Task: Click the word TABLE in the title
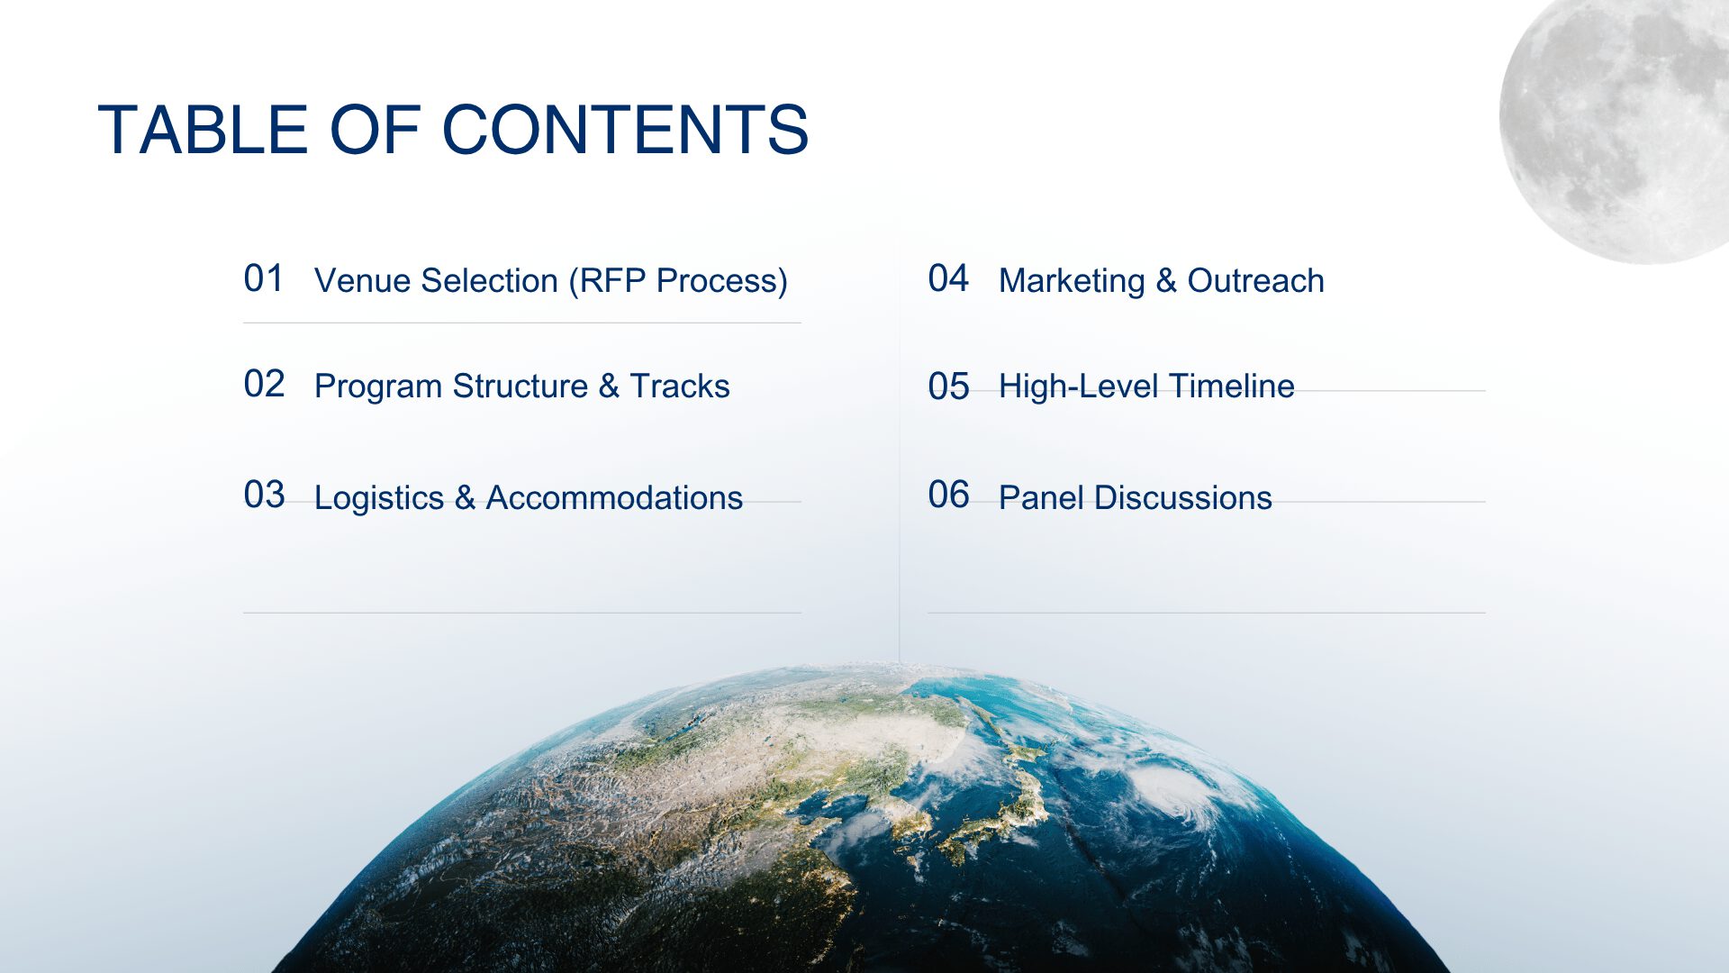click(x=203, y=130)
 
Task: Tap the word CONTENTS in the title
click(x=625, y=130)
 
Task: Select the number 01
click(x=264, y=278)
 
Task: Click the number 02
click(x=264, y=384)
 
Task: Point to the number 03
click(x=264, y=495)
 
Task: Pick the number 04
click(x=948, y=278)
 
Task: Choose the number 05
click(x=948, y=386)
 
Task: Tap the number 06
click(x=948, y=495)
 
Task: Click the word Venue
click(x=363, y=281)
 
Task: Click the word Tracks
click(x=680, y=386)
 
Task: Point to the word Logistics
click(x=379, y=498)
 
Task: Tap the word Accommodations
click(x=614, y=497)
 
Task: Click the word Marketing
click(x=1072, y=281)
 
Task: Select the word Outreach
click(x=1255, y=280)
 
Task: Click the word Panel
click(x=1041, y=497)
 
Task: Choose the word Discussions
click(x=1183, y=497)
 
